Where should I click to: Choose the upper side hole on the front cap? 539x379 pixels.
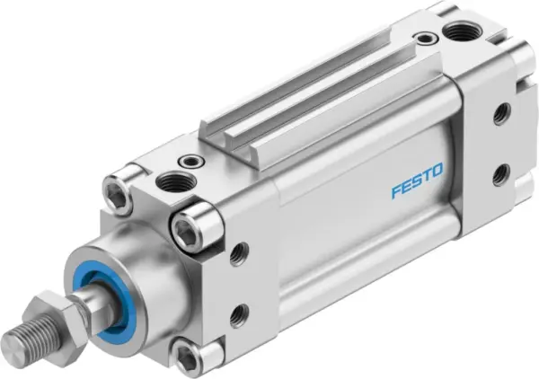(238, 254)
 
